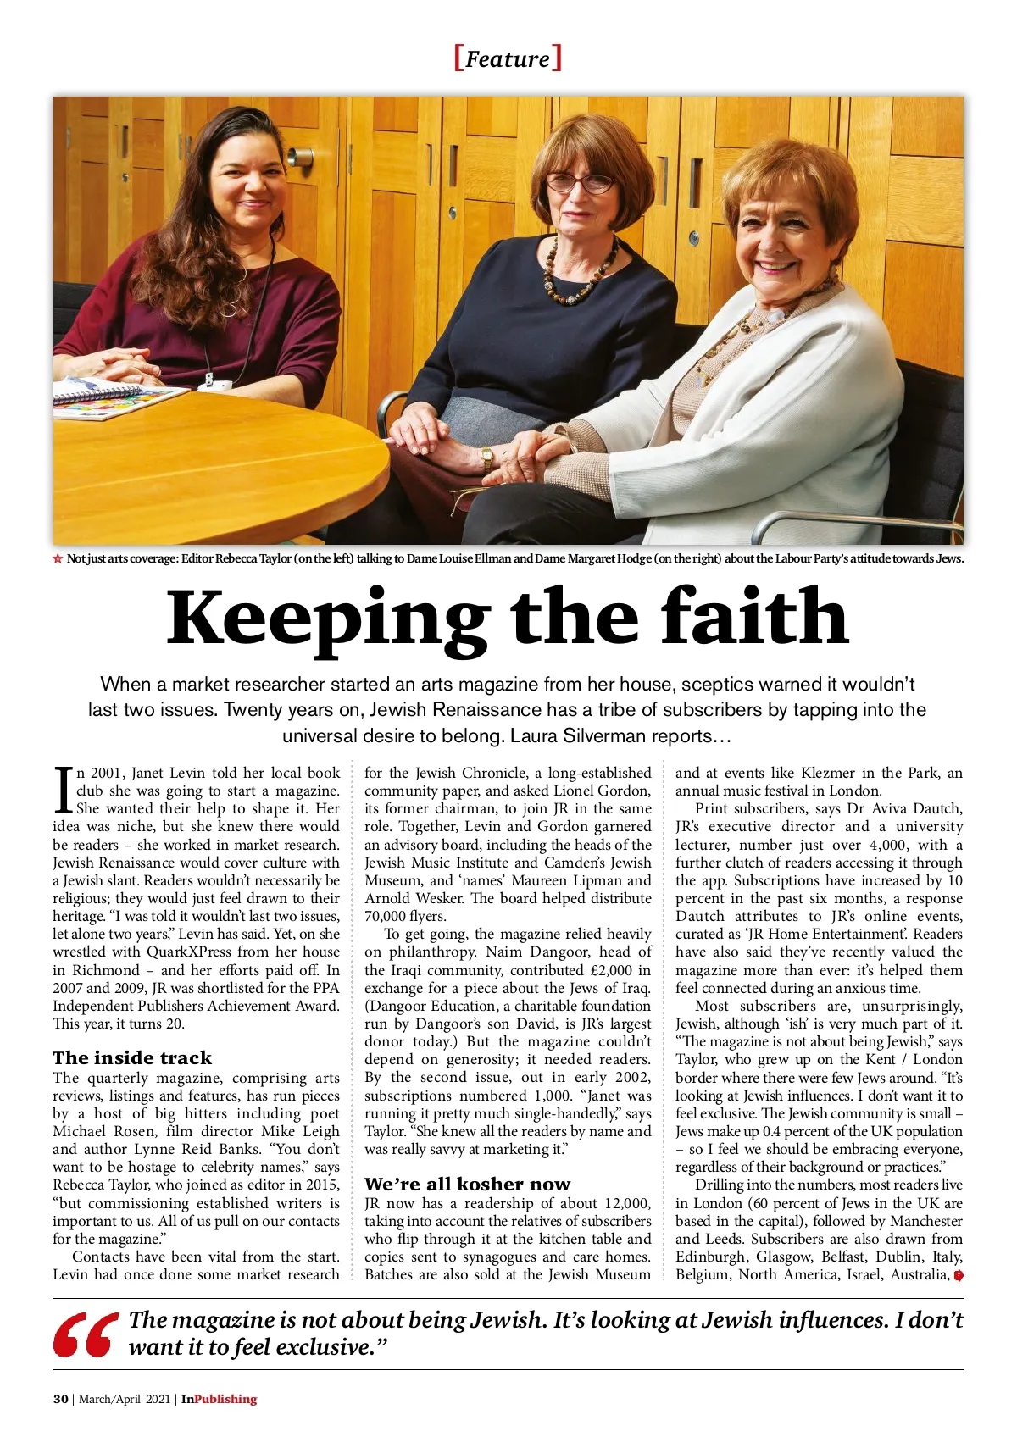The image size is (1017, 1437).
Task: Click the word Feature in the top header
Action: (508, 59)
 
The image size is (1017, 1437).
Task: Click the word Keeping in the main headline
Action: (327, 619)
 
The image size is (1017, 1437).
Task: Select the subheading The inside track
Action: (132, 1057)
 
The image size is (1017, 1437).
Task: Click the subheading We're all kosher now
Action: (467, 1184)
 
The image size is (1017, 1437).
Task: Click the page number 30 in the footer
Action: (61, 1399)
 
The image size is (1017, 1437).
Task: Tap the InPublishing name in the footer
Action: (219, 1399)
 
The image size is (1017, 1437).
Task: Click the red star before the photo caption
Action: (58, 558)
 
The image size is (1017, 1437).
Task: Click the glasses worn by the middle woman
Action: (580, 181)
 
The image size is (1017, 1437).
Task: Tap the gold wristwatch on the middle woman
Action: (486, 458)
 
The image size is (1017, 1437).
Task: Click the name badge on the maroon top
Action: (218, 384)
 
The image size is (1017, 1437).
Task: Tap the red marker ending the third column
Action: (959, 1275)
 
